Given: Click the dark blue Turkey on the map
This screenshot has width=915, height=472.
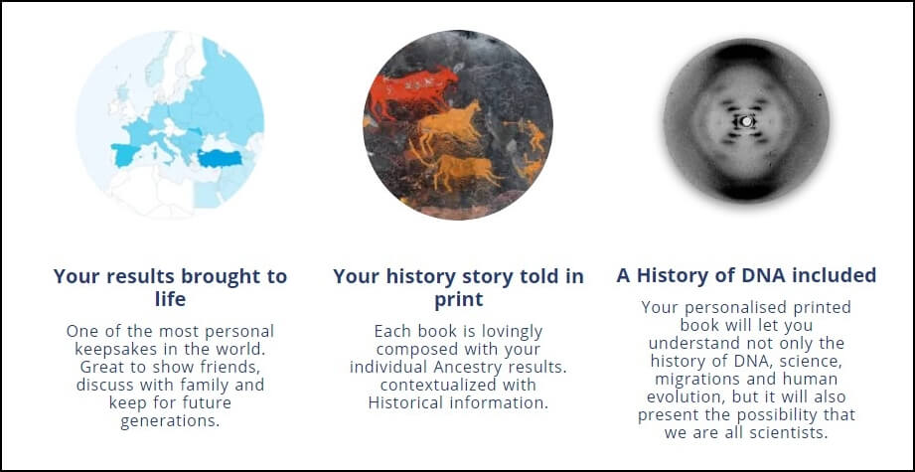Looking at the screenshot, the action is (x=220, y=158).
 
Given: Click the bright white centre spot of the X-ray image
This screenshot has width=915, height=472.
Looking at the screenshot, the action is (x=746, y=121).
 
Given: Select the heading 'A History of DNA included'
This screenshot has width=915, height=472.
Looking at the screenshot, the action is (x=746, y=275).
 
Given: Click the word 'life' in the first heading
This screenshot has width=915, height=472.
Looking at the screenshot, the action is (x=171, y=299).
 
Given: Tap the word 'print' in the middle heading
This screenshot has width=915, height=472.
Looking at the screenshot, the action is (x=459, y=299).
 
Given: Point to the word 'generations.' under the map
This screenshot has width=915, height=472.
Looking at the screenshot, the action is (x=171, y=420).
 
